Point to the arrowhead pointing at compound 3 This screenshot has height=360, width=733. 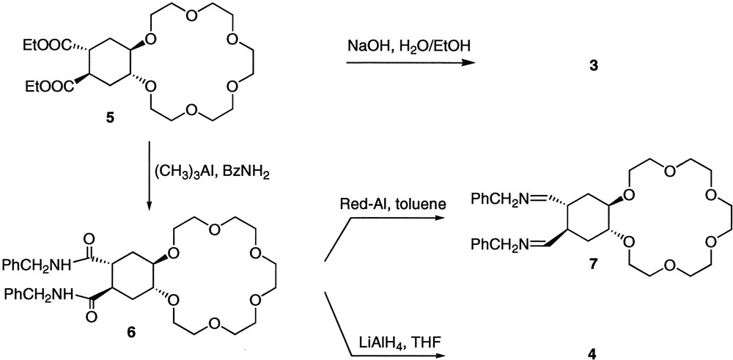(466, 64)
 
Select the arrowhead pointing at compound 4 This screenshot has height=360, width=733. (442, 355)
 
